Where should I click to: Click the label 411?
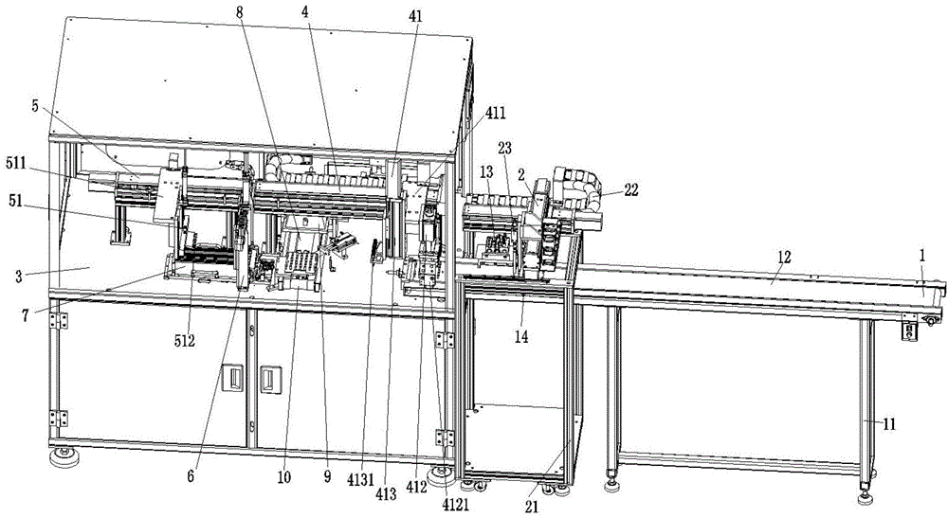495,113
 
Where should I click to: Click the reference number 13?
485,173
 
